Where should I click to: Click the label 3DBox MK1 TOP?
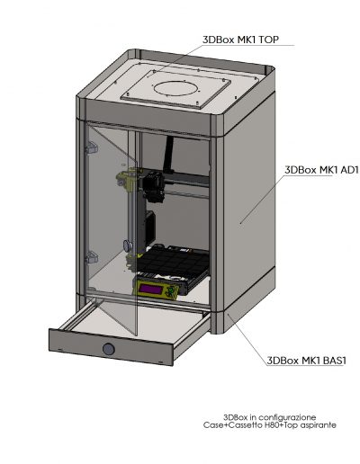coord(240,40)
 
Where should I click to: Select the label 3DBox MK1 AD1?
coord(321,170)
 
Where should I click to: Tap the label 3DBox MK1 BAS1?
coord(306,360)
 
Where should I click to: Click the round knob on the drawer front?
coord(108,349)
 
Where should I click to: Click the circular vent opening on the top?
coord(176,88)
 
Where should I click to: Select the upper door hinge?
coord(92,147)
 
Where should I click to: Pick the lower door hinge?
coord(92,257)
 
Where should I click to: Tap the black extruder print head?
coord(154,186)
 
